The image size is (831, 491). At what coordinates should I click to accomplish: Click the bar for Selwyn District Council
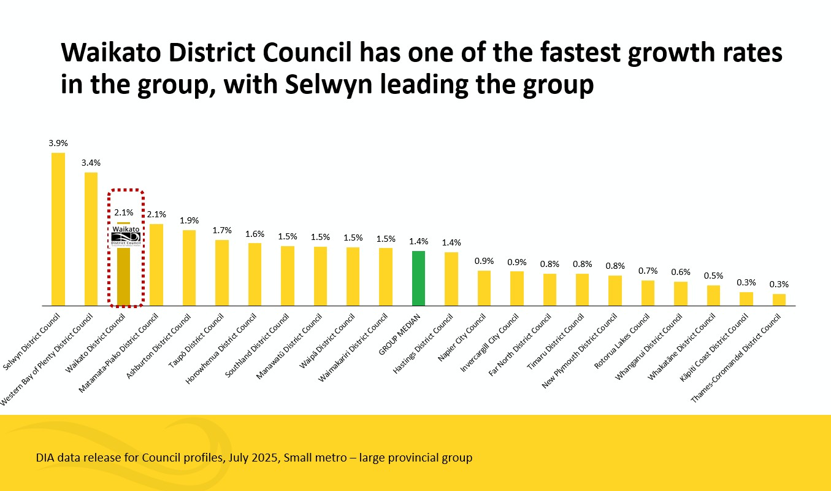[58, 228]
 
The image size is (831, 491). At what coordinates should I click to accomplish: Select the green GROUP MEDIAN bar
[418, 277]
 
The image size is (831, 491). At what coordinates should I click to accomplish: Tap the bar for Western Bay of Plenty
[91, 238]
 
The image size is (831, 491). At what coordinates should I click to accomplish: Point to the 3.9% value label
[58, 143]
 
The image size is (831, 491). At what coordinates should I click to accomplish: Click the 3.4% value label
[91, 163]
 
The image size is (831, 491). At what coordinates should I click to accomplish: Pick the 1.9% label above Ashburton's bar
[189, 220]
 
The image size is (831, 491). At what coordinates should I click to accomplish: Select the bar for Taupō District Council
[221, 272]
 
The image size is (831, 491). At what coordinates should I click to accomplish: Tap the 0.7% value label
[648, 271]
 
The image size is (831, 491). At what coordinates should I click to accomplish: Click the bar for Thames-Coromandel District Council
[779, 299]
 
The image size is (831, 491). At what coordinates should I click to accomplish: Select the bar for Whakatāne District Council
[713, 295]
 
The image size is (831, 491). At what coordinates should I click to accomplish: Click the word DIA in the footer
[45, 458]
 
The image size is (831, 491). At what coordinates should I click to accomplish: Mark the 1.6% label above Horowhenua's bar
[255, 233]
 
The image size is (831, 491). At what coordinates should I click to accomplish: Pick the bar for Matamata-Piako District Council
[156, 264]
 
